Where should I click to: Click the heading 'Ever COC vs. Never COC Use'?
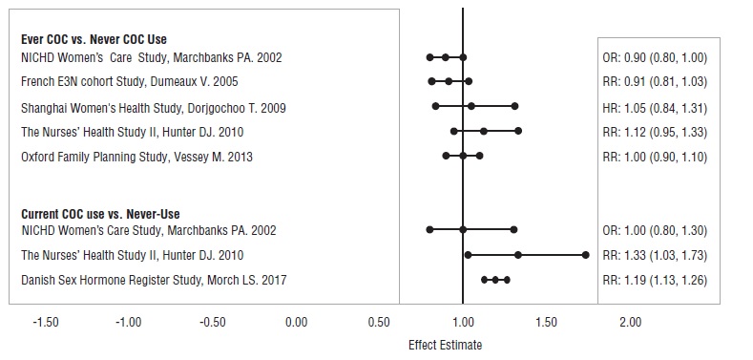(x=94, y=39)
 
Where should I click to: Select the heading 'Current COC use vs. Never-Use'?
(x=100, y=214)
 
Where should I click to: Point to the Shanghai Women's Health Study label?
(x=153, y=106)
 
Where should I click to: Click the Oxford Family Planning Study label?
(x=137, y=156)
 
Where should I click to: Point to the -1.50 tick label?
(x=45, y=323)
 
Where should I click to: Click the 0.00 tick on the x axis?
(x=296, y=323)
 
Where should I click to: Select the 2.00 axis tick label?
(x=630, y=323)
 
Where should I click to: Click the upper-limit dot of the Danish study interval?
(x=507, y=280)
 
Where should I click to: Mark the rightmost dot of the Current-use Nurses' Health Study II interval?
(x=585, y=255)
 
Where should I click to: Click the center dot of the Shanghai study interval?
(x=471, y=106)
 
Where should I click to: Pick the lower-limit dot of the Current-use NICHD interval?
(x=429, y=230)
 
